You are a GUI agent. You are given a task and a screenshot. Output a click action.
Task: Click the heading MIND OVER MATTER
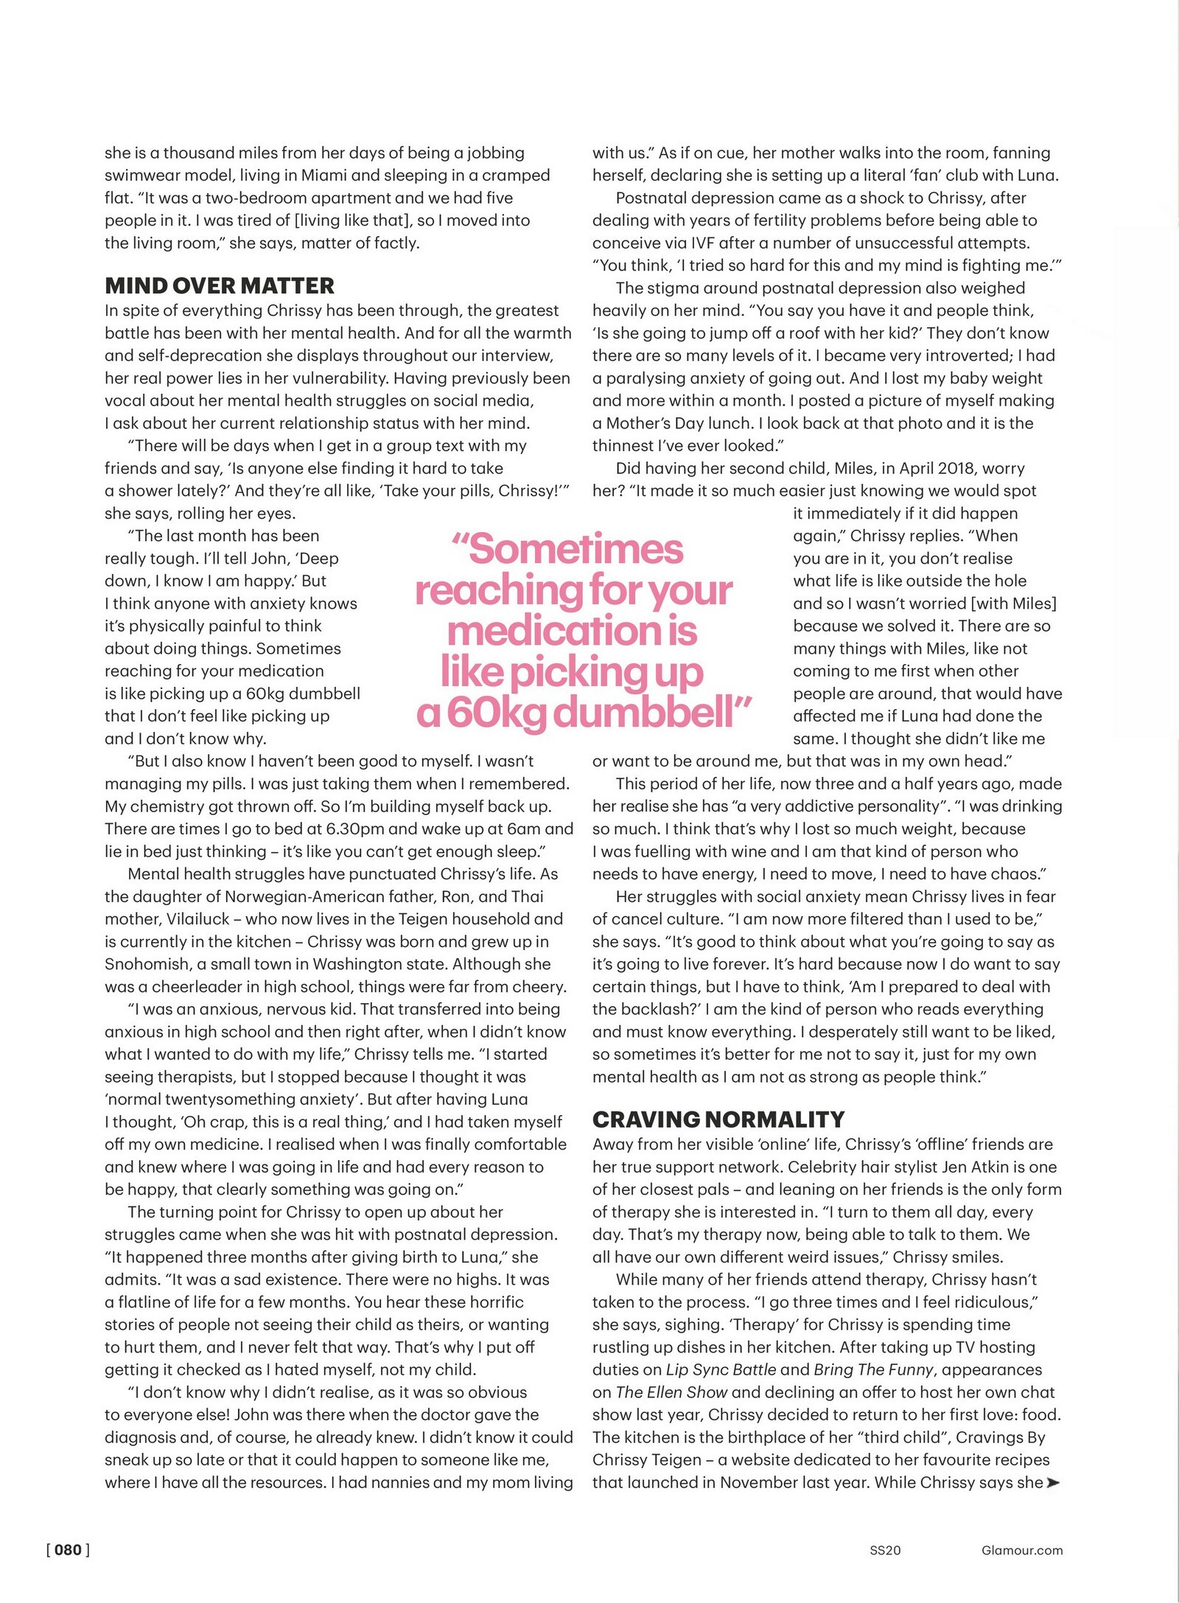pyautogui.click(x=220, y=286)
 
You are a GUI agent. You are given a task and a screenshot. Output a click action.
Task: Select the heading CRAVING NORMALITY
pyautogui.click(x=718, y=1120)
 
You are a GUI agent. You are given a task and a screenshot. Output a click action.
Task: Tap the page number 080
pyautogui.click(x=68, y=1550)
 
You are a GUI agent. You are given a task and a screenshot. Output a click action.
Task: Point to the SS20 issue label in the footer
pyautogui.click(x=885, y=1550)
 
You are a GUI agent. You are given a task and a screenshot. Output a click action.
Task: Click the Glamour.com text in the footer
pyautogui.click(x=1022, y=1550)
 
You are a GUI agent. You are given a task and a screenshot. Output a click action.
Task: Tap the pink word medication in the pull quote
pyautogui.click(x=572, y=631)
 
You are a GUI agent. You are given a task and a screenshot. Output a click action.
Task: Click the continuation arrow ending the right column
pyautogui.click(x=1053, y=1482)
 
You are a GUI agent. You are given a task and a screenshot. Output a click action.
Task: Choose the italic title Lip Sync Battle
pyautogui.click(x=721, y=1369)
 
